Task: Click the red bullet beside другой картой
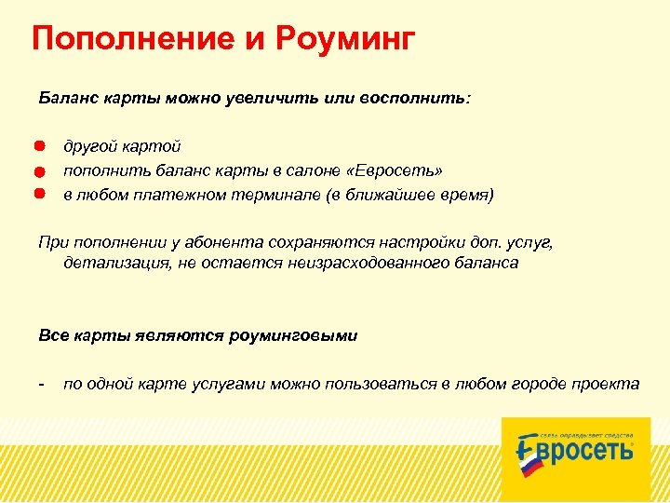click(x=41, y=146)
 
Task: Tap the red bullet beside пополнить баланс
click(x=41, y=171)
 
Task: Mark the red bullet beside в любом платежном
click(x=41, y=195)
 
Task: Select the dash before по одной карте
click(x=42, y=383)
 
